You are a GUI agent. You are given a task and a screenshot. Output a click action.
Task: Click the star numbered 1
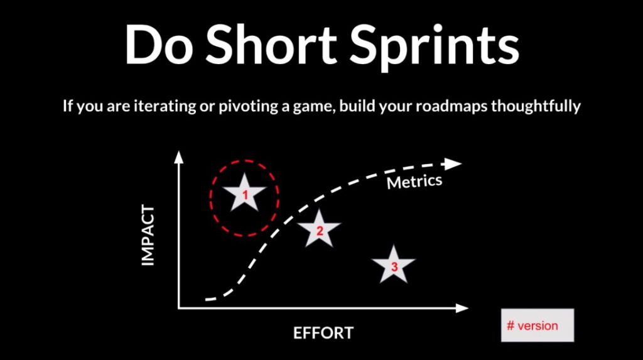[244, 194]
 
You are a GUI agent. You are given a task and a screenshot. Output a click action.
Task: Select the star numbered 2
[319, 229]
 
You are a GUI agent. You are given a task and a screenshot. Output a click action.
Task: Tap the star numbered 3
[394, 266]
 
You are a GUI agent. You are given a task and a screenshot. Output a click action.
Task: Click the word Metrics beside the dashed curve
[414, 182]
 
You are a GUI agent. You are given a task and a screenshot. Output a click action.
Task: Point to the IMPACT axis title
[148, 236]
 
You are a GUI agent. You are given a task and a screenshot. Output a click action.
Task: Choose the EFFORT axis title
[323, 333]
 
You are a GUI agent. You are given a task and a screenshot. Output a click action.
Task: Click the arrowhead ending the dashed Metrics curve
[453, 164]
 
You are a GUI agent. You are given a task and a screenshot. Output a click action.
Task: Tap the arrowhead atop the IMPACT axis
[179, 157]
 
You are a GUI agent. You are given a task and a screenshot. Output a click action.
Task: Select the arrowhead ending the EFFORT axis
[462, 308]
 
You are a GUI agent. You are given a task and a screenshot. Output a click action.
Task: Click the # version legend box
[538, 325]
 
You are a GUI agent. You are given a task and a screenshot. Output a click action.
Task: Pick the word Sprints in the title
[434, 46]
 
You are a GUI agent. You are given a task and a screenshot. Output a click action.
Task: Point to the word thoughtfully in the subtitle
[536, 107]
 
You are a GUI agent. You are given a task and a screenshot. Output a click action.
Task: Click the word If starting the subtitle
[67, 106]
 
